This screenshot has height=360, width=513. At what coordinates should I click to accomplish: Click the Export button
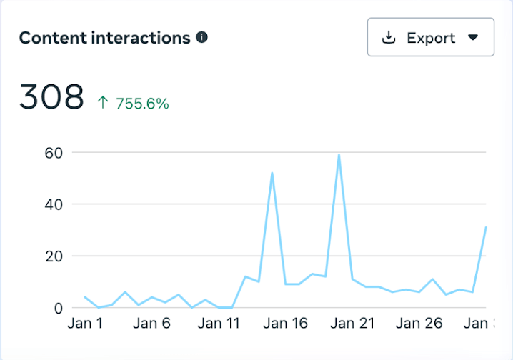click(x=430, y=37)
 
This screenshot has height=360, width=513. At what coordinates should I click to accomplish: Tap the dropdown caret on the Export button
click(x=472, y=38)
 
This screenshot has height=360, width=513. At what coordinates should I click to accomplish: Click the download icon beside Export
click(x=389, y=37)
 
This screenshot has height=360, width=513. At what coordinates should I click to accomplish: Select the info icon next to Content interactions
click(x=202, y=37)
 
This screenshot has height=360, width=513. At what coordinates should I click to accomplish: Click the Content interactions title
click(x=104, y=38)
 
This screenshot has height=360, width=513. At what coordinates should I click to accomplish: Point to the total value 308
click(x=51, y=97)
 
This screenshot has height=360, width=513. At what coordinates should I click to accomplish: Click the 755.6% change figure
click(x=142, y=104)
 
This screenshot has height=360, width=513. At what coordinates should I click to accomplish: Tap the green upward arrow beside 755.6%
click(x=103, y=104)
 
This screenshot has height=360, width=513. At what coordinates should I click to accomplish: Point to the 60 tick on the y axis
click(x=54, y=152)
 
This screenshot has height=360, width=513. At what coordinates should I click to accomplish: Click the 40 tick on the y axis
click(x=54, y=204)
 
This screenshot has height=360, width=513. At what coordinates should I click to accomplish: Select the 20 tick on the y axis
click(x=54, y=256)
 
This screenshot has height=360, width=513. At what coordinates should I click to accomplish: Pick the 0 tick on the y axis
click(x=58, y=308)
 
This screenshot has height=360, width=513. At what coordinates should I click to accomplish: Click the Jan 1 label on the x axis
click(x=85, y=324)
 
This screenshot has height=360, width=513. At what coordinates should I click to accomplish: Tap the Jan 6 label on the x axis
click(x=151, y=324)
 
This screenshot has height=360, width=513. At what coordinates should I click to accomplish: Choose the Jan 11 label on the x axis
click(x=219, y=324)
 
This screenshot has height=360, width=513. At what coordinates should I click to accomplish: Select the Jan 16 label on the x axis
click(x=286, y=324)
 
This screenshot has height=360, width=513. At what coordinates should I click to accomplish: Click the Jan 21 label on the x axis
click(x=353, y=324)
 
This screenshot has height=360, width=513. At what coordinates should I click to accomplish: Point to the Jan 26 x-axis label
click(x=419, y=324)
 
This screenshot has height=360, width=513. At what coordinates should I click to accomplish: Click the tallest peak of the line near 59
click(x=339, y=155)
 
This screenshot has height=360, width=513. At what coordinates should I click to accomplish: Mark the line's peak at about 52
click(x=272, y=173)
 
